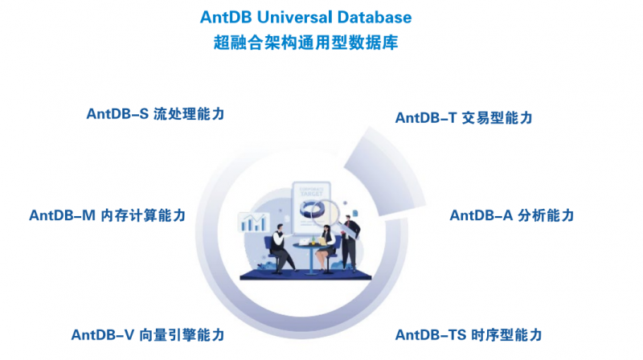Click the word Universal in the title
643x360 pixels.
pos(295,17)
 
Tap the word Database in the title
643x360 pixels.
pos(375,17)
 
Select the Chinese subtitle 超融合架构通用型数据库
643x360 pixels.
pos(306,43)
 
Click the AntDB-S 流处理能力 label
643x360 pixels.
pos(155,114)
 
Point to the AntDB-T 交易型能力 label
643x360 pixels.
pos(464,118)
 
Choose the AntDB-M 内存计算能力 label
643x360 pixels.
pos(108,215)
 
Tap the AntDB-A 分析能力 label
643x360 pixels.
pos(512,215)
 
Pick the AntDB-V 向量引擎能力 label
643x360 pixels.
pos(148,335)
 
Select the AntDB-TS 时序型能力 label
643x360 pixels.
pos(469,335)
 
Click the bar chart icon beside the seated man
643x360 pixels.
pos(253,223)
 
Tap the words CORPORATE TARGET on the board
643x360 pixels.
pos(312,191)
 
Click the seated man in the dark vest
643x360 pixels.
pos(281,248)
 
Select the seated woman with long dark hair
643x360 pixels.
pos(326,248)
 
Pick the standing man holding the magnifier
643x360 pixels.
pos(350,243)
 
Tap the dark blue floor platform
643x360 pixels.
pos(305,275)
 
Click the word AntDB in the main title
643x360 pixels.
pos(226,17)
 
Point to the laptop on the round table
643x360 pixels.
pos(304,242)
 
